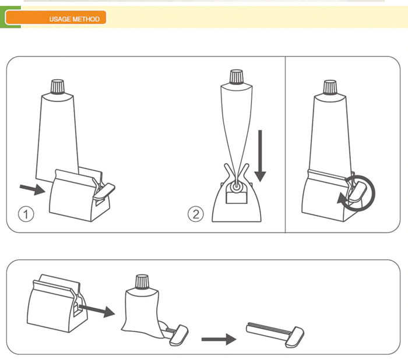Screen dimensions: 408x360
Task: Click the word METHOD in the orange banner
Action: pyautogui.click(x=86, y=19)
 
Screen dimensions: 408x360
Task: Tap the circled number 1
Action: pyautogui.click(x=26, y=214)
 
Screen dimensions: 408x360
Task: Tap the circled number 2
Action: pyautogui.click(x=196, y=214)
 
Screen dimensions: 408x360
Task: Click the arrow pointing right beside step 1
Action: pyautogui.click(x=33, y=189)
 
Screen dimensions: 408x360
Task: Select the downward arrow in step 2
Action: pyautogui.click(x=260, y=156)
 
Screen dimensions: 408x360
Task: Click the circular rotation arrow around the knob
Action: pyautogui.click(x=358, y=193)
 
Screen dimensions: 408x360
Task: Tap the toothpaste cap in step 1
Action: pyautogui.click(x=58, y=87)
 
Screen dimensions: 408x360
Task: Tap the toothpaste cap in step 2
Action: pyautogui.click(x=237, y=77)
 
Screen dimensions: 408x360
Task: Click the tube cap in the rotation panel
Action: pyautogui.click(x=330, y=87)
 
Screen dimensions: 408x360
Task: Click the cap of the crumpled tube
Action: pyautogui.click(x=142, y=282)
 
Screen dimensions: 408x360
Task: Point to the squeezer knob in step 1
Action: pyautogui.click(x=104, y=191)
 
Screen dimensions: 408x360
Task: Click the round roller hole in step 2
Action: pyautogui.click(x=236, y=186)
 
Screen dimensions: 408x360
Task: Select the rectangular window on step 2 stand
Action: pyautogui.click(x=236, y=197)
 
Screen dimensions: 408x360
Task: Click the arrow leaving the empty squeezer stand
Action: pyautogui.click(x=97, y=310)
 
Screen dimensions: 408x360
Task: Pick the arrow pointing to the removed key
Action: pyautogui.click(x=219, y=339)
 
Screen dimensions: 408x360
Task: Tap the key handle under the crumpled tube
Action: pyautogui.click(x=179, y=336)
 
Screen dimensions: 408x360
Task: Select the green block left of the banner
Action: pyautogui.click(x=10, y=17)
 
